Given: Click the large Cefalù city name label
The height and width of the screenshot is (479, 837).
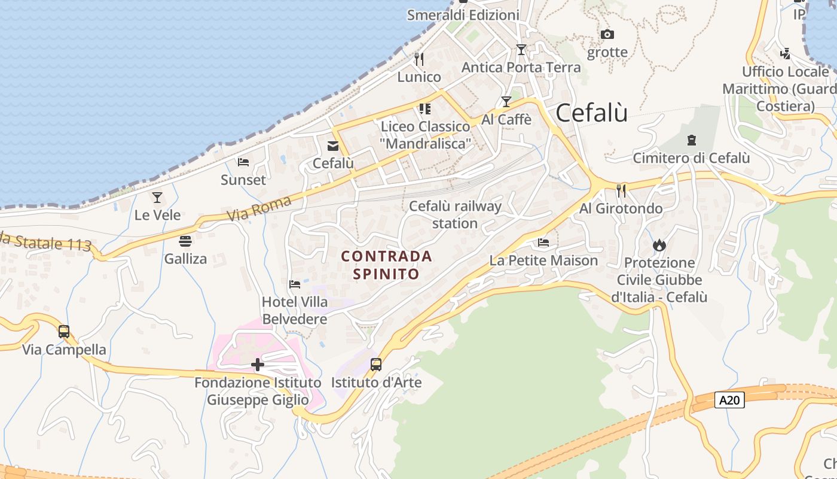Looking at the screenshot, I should [x=591, y=113].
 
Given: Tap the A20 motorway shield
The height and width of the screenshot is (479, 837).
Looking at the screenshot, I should [x=729, y=400].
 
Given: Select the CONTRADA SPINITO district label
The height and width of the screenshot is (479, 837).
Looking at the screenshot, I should [x=386, y=265].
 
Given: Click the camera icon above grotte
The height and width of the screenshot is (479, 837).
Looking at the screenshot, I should [x=607, y=35].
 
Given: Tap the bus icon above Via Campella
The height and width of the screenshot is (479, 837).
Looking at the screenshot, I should [x=64, y=332].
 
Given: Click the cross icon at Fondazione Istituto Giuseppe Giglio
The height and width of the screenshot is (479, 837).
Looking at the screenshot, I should [x=258, y=364].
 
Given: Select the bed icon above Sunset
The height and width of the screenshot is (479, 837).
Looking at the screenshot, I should [x=243, y=162].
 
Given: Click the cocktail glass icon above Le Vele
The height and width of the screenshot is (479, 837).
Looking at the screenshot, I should [x=157, y=197].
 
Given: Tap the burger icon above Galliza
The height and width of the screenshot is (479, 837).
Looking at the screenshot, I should [x=185, y=241].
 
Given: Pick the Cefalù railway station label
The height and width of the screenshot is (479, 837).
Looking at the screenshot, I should [x=455, y=214].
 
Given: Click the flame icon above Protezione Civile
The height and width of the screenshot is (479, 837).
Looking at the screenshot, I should [x=659, y=245].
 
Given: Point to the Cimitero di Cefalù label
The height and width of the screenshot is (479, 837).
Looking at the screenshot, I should [x=691, y=158].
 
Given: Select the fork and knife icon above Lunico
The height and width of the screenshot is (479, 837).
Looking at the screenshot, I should [x=419, y=59].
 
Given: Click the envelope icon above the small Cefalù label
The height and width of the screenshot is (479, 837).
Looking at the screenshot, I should [x=333, y=145].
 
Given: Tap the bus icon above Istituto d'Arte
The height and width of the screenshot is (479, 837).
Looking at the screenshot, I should [x=376, y=365].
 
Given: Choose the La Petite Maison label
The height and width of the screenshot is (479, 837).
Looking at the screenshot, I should [x=543, y=260].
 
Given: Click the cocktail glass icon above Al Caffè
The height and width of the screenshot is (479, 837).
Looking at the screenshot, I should [x=506, y=102].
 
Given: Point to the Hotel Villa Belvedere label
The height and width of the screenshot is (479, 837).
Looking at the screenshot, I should [x=295, y=310].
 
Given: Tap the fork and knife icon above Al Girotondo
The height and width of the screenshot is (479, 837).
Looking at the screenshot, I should [x=621, y=191].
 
